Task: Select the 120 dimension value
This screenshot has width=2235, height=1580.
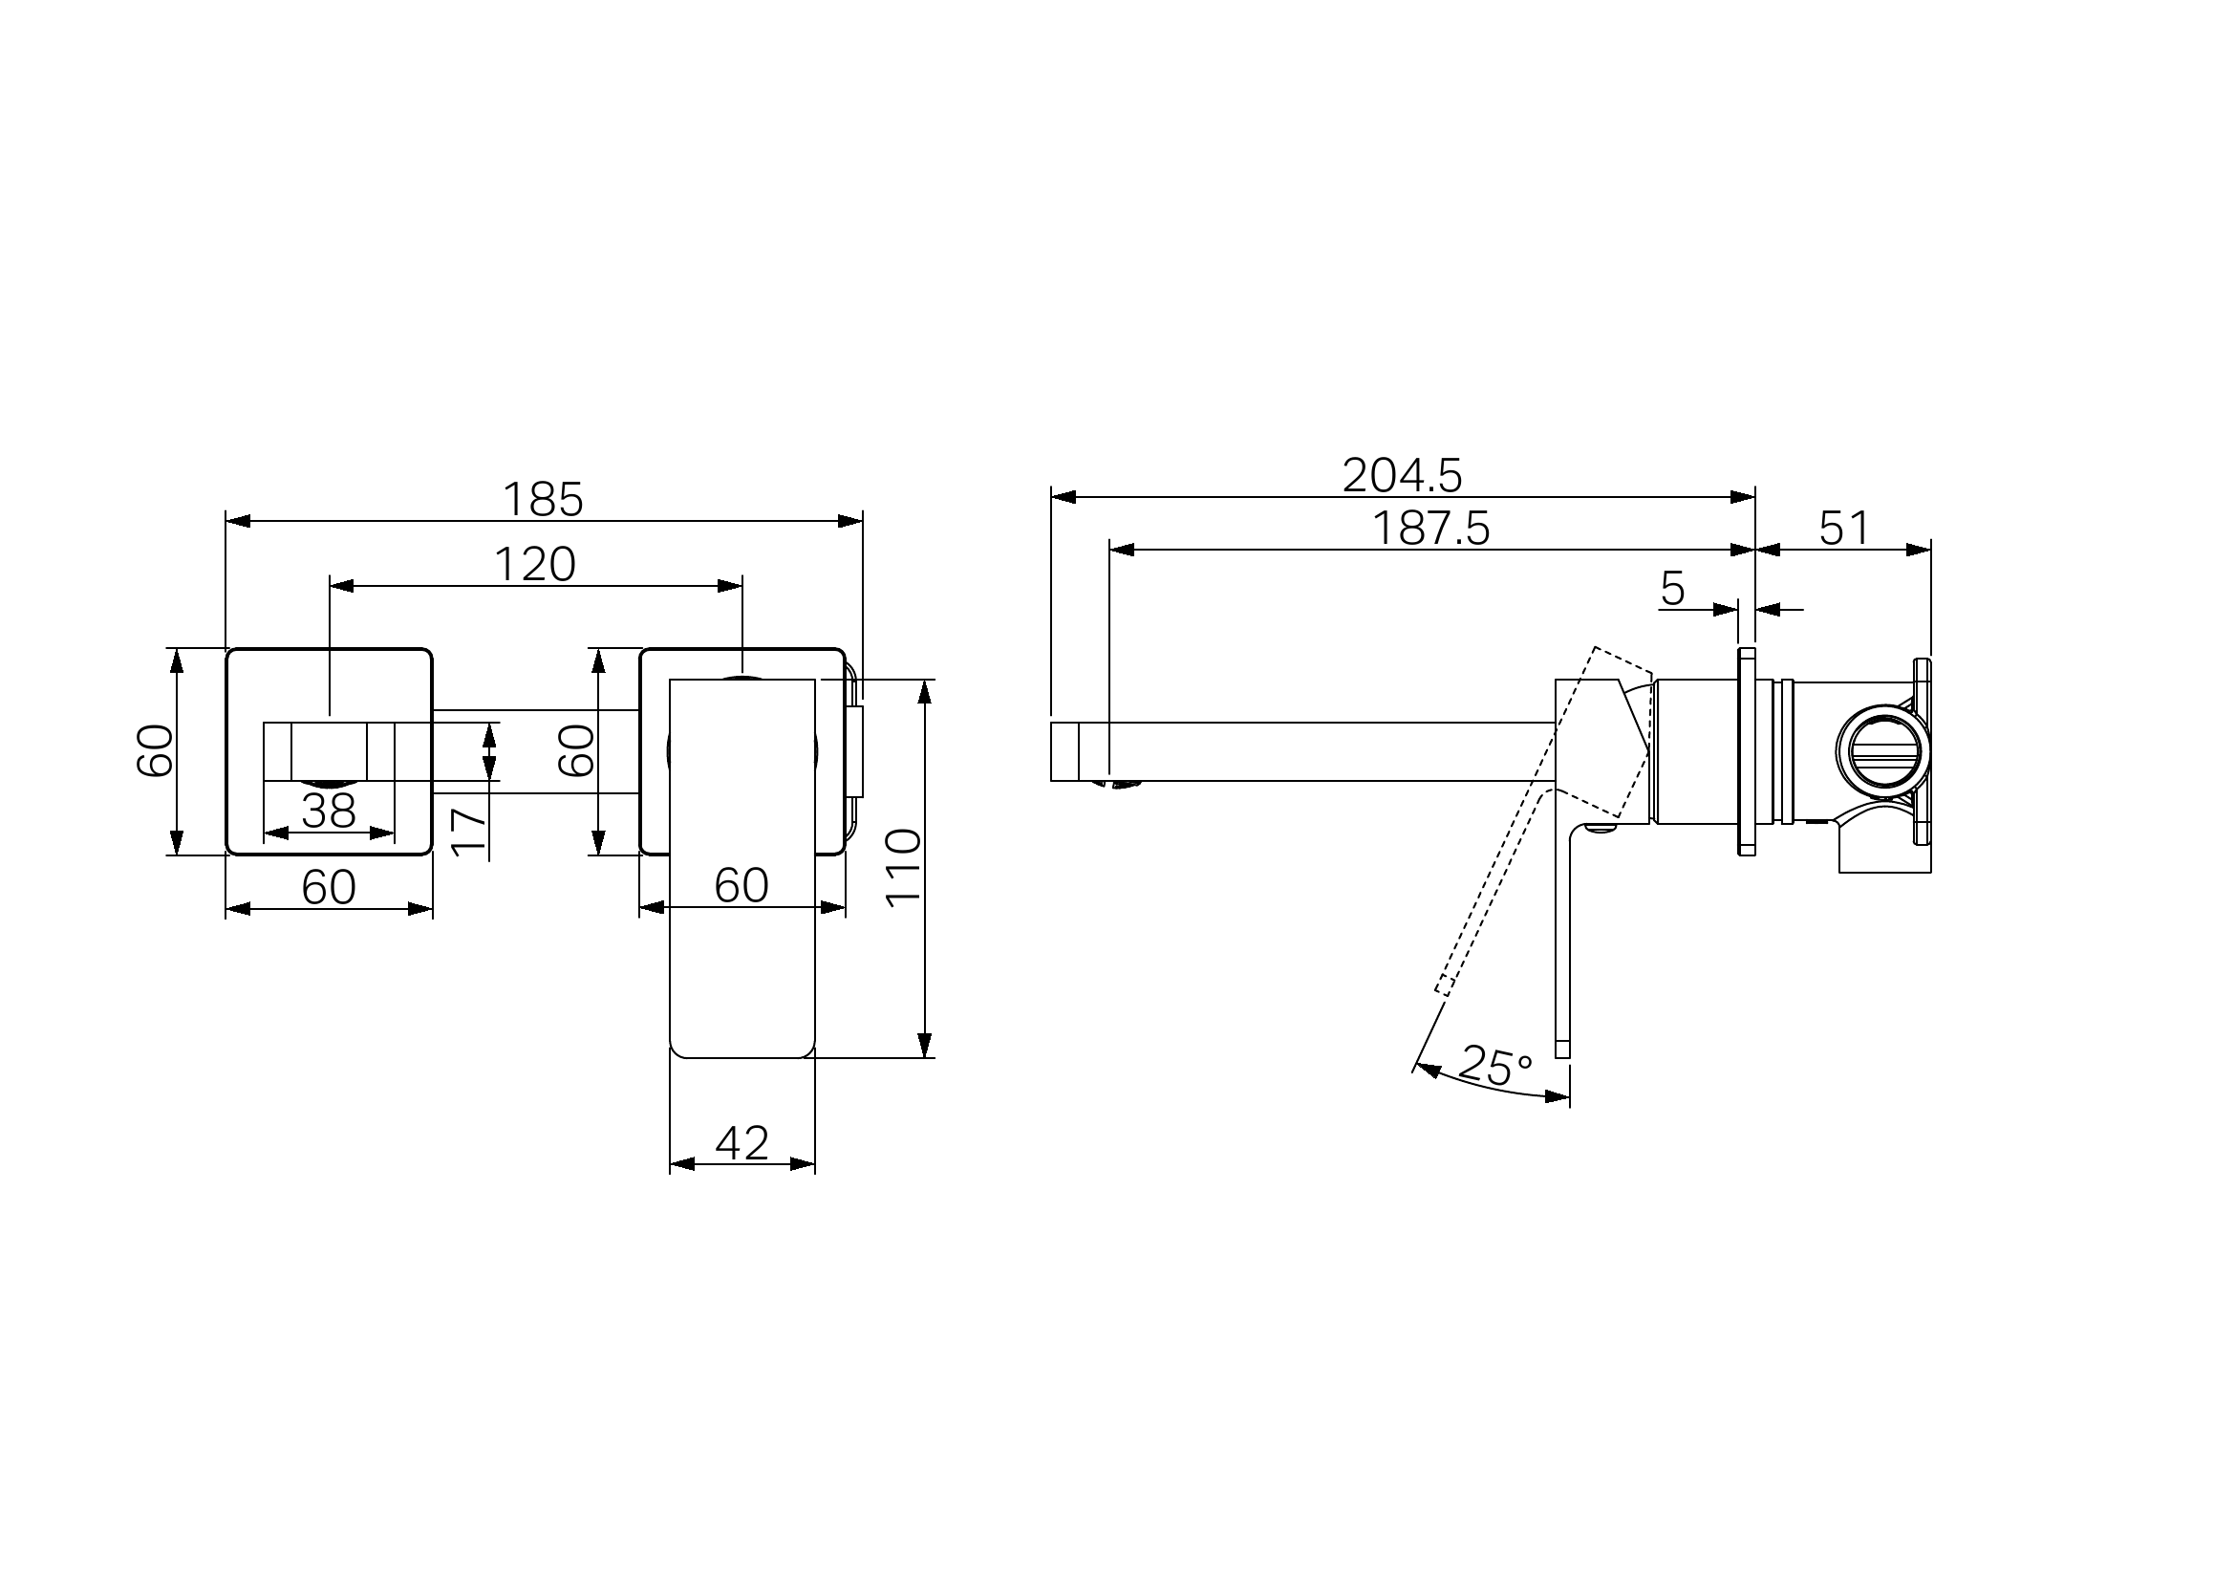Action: [535, 565]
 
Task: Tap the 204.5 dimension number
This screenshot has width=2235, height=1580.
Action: [1403, 475]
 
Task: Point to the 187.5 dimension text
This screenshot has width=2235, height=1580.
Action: [1431, 528]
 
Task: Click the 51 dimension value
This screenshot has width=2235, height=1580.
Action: [1844, 528]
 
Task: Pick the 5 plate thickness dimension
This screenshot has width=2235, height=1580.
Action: [1672, 588]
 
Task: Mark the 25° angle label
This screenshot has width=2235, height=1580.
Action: [1497, 1067]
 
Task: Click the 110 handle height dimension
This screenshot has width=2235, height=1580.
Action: [903, 867]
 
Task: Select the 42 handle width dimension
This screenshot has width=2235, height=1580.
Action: [741, 1142]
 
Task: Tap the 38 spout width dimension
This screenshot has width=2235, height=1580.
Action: [329, 811]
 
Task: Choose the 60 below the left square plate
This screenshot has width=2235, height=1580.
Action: [329, 887]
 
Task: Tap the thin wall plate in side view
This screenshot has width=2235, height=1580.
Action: [1747, 751]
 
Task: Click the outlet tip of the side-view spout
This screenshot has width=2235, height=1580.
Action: [1052, 751]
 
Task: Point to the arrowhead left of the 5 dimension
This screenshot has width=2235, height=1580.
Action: [1725, 611]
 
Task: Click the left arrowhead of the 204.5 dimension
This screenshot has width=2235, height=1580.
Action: [1064, 497]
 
